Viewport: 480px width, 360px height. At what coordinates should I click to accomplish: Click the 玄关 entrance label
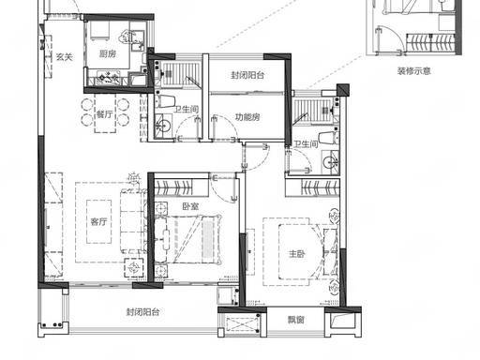[x=65, y=57]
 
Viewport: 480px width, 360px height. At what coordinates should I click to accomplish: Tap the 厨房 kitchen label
[x=108, y=54]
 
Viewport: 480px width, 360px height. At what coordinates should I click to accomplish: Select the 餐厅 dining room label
[x=104, y=114]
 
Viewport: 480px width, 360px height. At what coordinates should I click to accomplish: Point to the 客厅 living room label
[x=98, y=222]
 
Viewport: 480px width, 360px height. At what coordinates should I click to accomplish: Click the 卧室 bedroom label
[x=190, y=206]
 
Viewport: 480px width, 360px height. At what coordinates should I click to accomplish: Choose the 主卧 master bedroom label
[x=296, y=254]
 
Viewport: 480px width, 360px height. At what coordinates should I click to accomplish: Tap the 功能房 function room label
[x=247, y=117]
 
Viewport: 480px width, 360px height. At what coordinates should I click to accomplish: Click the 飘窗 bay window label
[x=295, y=320]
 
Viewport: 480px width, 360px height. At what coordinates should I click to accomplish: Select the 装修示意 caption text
[x=414, y=71]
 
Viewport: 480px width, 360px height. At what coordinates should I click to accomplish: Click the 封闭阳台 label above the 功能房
[x=247, y=75]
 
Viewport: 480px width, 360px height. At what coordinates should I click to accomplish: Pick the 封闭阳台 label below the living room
[x=142, y=312]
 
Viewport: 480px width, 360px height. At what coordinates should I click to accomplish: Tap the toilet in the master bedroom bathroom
[x=328, y=138]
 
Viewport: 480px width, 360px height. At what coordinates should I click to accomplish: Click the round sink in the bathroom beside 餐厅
[x=163, y=126]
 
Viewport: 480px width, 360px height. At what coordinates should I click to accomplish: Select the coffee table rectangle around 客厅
[x=98, y=221]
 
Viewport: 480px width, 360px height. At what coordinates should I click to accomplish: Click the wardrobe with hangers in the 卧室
[x=181, y=187]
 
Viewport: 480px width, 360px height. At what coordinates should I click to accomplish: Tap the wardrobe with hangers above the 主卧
[x=312, y=187]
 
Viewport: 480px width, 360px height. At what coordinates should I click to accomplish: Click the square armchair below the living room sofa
[x=134, y=268]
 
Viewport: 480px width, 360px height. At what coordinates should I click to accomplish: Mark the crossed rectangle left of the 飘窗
[x=243, y=325]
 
